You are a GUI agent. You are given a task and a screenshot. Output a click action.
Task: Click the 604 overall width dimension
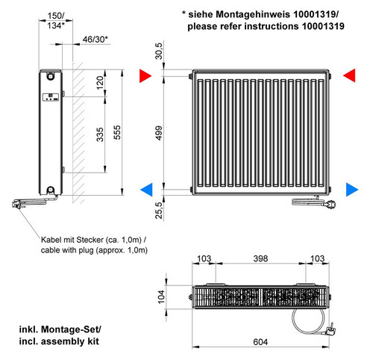click(260, 342)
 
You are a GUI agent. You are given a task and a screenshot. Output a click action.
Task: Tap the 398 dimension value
click(260, 258)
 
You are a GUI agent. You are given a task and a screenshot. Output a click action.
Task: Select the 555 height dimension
click(117, 132)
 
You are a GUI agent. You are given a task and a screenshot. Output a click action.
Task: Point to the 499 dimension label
click(159, 133)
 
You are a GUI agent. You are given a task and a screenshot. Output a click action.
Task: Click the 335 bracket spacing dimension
click(100, 134)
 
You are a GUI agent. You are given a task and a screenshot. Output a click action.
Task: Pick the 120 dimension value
click(100, 83)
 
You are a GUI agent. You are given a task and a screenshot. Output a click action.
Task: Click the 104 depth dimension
click(161, 297)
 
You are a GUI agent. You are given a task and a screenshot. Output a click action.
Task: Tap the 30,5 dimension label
click(159, 51)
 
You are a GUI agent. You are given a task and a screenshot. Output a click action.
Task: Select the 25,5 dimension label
click(159, 211)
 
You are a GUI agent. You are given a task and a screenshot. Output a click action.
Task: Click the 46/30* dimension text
click(95, 39)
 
